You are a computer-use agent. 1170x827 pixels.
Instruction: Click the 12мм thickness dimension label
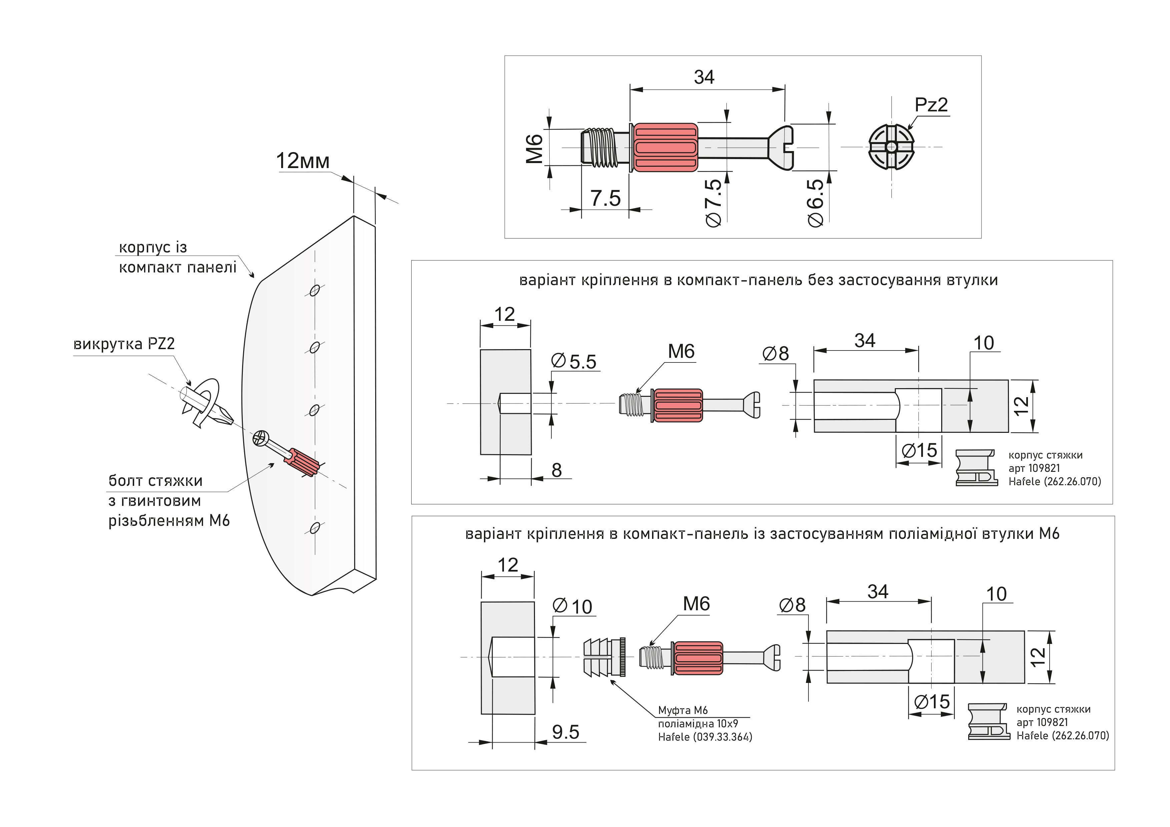pyautogui.click(x=303, y=161)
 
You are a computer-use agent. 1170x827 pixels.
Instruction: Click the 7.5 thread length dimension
pyautogui.click(x=605, y=198)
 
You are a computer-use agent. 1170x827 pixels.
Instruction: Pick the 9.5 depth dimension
pyautogui.click(x=566, y=732)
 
